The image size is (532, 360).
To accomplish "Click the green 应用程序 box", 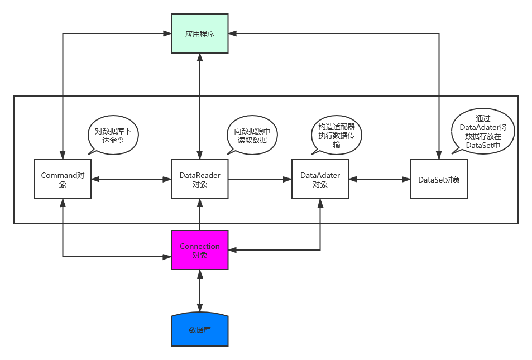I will coord(200,34).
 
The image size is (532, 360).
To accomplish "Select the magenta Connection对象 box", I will coord(200,250).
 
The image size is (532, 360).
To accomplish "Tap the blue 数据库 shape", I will coord(200,330).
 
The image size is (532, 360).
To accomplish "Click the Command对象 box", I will coord(63,179).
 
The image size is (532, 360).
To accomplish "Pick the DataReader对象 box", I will coord(200,179).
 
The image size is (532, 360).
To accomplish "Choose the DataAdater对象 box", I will coord(320,179).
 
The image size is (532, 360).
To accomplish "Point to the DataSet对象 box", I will coord(439,179).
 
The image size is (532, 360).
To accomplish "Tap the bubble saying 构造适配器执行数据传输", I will coord(336,136).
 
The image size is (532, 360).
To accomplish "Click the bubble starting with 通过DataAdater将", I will coord(483,132).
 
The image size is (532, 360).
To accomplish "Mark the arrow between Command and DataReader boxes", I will coord(131,179).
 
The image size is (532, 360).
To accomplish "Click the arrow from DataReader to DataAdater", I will coord(260,179).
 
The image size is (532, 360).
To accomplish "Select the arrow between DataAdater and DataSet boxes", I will coord(380,179).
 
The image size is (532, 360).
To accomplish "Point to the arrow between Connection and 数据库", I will coord(200,290).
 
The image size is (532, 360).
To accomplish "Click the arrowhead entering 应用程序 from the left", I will coord(167,34).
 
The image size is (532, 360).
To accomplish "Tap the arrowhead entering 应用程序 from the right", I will coord(233,34).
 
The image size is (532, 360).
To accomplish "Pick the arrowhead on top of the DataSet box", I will coord(439,155).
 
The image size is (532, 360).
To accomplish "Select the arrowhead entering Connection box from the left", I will coord(167,257).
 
